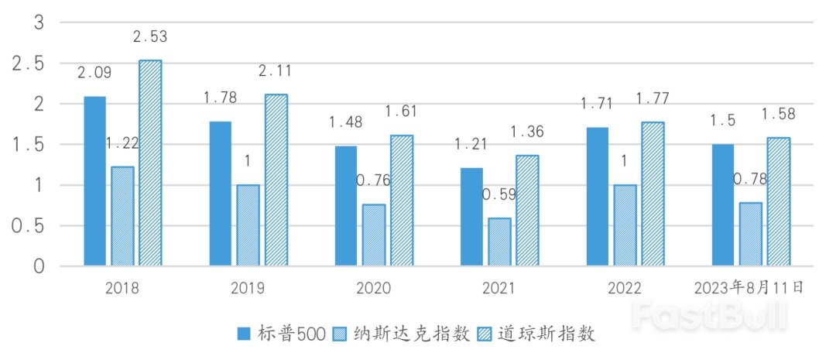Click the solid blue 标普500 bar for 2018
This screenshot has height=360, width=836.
click(94, 181)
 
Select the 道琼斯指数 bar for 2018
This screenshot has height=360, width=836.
click(150, 163)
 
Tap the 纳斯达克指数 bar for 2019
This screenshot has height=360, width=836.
click(248, 225)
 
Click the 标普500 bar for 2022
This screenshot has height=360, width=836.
click(597, 197)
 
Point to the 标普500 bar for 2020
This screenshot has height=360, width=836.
click(345, 206)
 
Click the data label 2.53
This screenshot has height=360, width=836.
click(150, 36)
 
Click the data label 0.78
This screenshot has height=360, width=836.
click(749, 179)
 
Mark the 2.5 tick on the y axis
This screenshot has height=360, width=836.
click(28, 63)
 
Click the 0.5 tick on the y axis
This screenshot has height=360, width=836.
click(28, 226)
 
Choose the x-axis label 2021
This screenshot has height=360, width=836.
click(499, 289)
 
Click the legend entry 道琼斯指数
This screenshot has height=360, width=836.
click(537, 334)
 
